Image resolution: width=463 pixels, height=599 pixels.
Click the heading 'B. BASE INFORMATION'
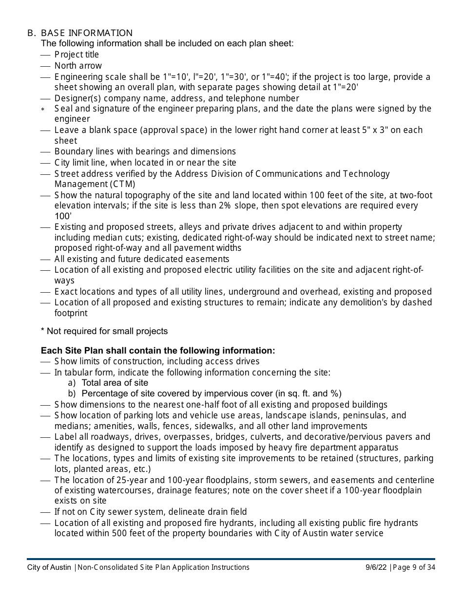pyautogui.click(x=80, y=33)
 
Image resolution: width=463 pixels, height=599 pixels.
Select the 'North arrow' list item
pyautogui.click(x=78, y=66)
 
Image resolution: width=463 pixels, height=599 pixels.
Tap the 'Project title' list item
pyautogui.click(x=77, y=55)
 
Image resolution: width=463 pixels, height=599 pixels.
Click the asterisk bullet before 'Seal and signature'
pyautogui.click(x=43, y=110)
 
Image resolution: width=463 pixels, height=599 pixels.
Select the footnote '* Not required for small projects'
pyautogui.click(x=104, y=331)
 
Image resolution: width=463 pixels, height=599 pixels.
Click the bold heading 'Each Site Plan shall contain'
pyautogui.click(x=158, y=351)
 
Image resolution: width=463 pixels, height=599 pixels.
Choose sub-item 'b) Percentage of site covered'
pyautogui.click(x=205, y=393)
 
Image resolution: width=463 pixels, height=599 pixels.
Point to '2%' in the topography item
pyautogui.click(x=225, y=206)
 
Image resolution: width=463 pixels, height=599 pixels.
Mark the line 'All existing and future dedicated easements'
pyautogui.click(x=142, y=259)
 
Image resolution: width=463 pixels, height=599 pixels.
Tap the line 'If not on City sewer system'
pyautogui.click(x=151, y=512)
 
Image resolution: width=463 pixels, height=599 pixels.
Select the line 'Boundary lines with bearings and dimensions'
pyautogui.click(x=145, y=151)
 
